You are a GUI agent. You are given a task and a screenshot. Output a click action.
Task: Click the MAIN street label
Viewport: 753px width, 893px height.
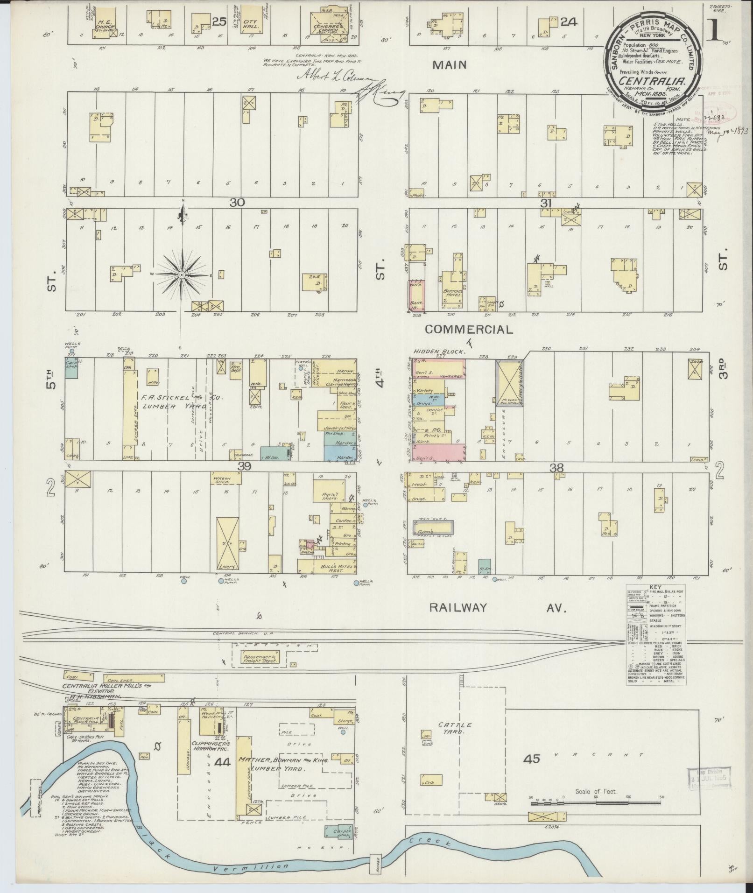pos(449,65)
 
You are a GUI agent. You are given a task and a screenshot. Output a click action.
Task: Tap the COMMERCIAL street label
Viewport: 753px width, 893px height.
pos(468,330)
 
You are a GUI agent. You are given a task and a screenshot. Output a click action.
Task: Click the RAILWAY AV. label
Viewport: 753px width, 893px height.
pos(497,607)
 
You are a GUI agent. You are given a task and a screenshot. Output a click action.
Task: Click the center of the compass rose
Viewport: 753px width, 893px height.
pos(181,276)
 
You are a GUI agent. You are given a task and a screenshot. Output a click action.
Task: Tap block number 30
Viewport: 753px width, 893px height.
pos(237,202)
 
